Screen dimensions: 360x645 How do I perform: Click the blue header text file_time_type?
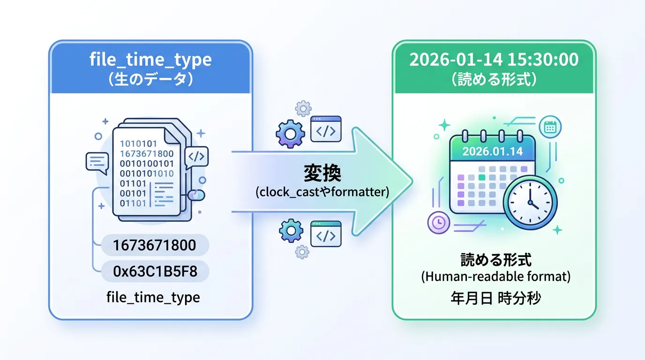(150, 60)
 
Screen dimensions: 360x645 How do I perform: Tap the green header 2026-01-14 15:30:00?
(494, 60)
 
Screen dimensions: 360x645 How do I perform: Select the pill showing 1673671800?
(155, 245)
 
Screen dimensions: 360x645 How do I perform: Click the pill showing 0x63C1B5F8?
(155, 271)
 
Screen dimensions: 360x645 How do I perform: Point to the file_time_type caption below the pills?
(153, 297)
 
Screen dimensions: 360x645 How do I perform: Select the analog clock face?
(530, 202)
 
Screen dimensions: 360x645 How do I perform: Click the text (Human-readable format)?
(496, 277)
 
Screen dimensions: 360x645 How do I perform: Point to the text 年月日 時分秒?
(495, 298)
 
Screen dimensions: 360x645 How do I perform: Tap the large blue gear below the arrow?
(291, 230)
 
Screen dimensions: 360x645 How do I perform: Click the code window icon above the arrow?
(326, 129)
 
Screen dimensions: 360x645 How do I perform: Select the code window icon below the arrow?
(326, 233)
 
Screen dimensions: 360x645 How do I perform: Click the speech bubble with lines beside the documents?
(97, 161)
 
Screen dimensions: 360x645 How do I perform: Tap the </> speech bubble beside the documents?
(196, 157)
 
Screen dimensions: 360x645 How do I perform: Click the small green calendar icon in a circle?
(550, 127)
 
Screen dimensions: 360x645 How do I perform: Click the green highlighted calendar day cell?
(481, 178)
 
